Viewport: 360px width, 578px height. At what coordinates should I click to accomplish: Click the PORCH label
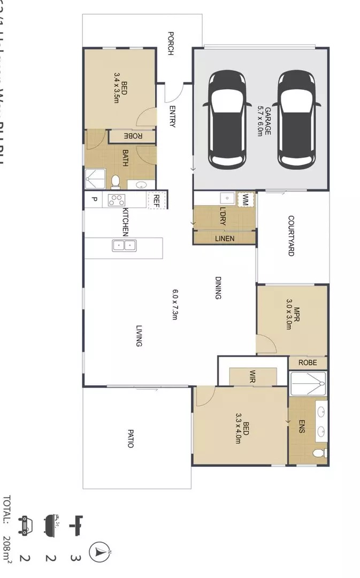171,43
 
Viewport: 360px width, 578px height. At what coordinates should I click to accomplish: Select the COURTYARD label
291,235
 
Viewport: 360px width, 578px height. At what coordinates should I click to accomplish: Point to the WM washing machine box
246,201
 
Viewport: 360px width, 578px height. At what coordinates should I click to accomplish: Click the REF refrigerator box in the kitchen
157,200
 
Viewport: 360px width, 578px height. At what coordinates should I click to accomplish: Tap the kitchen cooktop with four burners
117,200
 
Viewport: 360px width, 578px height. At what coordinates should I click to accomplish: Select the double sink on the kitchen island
124,246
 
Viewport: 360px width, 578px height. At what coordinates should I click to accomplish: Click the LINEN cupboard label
224,239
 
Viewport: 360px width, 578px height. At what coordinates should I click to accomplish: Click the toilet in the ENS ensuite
320,453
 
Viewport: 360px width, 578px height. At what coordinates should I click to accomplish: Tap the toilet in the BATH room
115,181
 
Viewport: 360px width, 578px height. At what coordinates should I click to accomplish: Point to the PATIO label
130,437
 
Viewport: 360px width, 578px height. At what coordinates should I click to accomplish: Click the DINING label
218,287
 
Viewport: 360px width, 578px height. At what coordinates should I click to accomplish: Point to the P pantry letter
94,200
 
